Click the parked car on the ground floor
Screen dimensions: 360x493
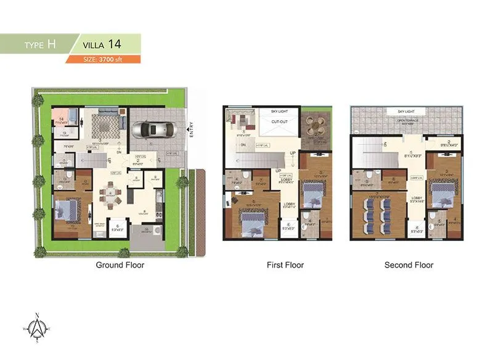(152, 130)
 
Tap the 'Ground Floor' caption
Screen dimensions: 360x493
(120, 265)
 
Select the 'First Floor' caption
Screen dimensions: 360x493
(285, 265)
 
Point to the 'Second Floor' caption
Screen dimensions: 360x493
(409, 265)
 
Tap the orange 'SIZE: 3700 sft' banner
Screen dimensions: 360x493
(104, 59)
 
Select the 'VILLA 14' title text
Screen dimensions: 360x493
(104, 44)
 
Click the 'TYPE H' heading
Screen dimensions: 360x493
(41, 45)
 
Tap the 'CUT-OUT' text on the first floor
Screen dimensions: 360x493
(280, 122)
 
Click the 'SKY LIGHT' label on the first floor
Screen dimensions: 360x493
(280, 112)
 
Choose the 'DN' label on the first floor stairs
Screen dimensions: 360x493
(243, 145)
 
